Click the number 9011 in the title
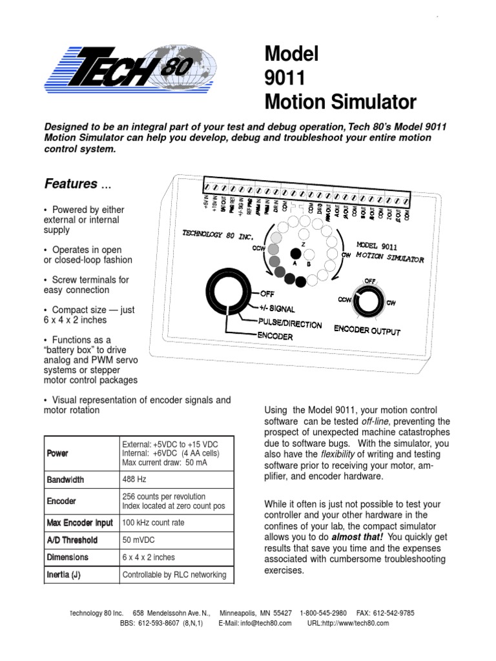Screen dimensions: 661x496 pos(284,78)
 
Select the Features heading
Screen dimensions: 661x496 pos(70,184)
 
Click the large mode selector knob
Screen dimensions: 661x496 pos(227,294)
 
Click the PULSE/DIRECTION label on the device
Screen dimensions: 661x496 pos(290,324)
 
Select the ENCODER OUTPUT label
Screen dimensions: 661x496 pos(367,330)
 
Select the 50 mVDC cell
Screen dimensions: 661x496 pos(138,540)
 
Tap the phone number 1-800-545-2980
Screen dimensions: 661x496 pos(324,612)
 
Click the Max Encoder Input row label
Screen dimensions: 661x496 pos(79,522)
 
